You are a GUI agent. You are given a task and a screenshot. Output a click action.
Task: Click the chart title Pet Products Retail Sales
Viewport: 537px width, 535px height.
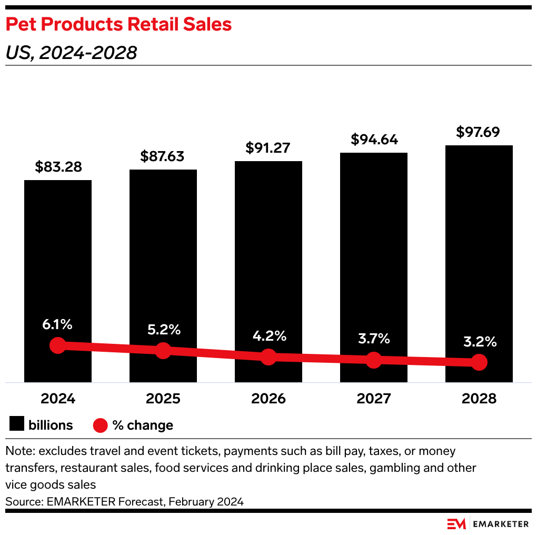tap(118, 24)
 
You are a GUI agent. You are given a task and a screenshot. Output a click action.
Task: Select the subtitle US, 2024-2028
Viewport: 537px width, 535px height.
tap(71, 53)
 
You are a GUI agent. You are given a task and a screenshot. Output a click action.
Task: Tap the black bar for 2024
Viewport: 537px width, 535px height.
tap(58, 263)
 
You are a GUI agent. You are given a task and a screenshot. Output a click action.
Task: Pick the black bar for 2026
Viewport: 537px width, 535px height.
tap(268, 253)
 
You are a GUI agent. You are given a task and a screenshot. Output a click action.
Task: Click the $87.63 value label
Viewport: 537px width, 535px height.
tap(163, 156)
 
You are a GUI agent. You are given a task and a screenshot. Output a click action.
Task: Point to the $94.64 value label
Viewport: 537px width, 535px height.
tap(374, 140)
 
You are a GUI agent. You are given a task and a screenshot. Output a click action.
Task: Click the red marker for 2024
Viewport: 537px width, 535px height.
tap(58, 345)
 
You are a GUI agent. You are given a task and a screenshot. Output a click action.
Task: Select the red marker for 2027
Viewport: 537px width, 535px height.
tap(374, 360)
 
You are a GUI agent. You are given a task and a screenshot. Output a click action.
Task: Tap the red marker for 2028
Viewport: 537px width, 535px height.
tap(479, 362)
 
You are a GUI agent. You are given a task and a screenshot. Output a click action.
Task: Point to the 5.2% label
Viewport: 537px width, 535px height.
tap(163, 330)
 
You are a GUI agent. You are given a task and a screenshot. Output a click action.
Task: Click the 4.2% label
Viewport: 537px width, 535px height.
tap(268, 335)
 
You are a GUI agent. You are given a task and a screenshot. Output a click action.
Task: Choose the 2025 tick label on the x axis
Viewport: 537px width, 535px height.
tap(163, 399)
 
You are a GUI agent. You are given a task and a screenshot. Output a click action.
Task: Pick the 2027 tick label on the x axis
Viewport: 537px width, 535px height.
tap(374, 399)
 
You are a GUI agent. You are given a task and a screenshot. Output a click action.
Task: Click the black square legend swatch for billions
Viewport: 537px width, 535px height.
tap(17, 425)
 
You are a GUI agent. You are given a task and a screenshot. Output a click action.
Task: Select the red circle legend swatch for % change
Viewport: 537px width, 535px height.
tap(100, 425)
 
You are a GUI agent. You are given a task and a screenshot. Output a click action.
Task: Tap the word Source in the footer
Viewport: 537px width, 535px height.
tap(23, 501)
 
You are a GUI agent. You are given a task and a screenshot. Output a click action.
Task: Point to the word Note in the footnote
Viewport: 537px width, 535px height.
tap(17, 451)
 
